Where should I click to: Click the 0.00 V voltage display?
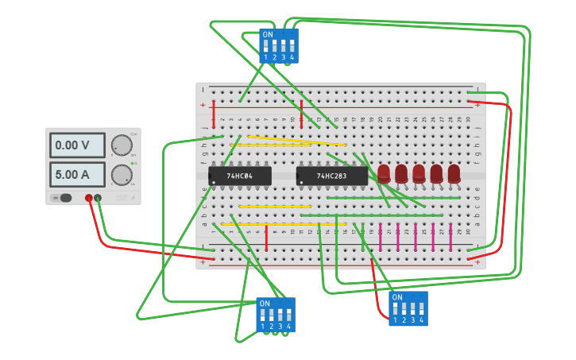[x=77, y=145]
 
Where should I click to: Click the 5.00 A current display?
[x=77, y=174]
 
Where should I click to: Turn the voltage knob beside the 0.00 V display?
[x=121, y=145]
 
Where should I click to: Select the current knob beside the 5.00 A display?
[x=121, y=174]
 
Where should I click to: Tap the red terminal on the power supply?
[x=88, y=198]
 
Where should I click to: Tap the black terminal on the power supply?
[x=98, y=198]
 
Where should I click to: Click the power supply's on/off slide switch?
[x=62, y=198]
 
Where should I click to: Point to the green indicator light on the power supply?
[x=132, y=162]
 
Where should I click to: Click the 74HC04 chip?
[x=240, y=176]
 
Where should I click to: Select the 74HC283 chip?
[x=332, y=176]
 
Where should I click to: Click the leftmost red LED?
[x=384, y=173]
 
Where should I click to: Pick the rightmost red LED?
[x=454, y=173]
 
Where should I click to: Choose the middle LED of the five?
[x=419, y=173]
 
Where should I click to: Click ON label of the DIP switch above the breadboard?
[x=268, y=35]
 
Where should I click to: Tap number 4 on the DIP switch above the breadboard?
[x=292, y=57]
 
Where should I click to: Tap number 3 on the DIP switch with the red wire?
[x=412, y=320]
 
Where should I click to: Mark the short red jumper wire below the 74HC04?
[x=266, y=238]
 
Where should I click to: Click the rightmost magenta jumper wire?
[x=450, y=237]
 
